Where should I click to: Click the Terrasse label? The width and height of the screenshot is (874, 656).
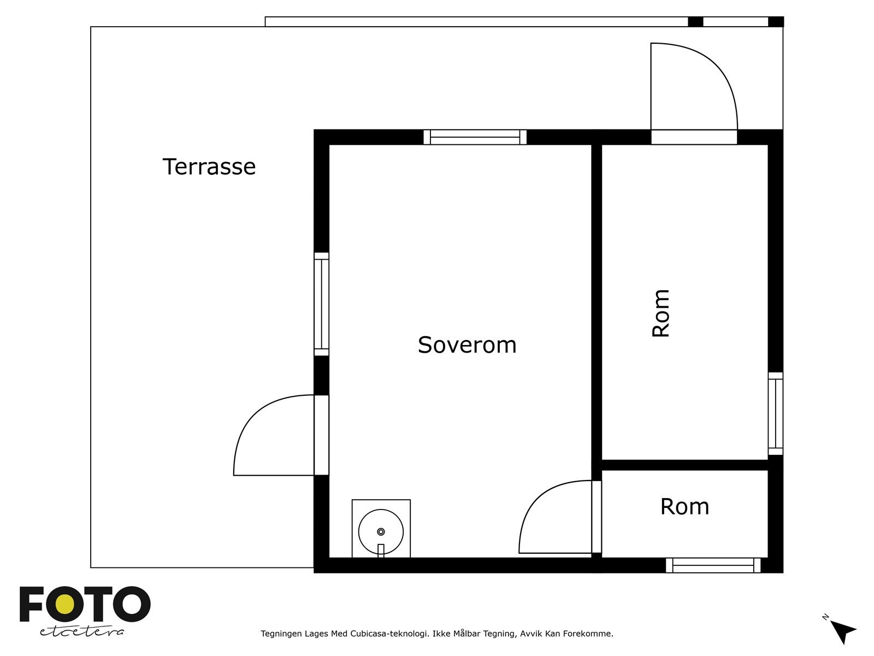click(x=209, y=167)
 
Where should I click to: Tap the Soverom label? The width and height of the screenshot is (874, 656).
click(x=467, y=345)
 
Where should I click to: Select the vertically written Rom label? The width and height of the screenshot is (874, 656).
click(x=660, y=313)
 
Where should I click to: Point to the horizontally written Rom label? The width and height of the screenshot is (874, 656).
click(x=685, y=507)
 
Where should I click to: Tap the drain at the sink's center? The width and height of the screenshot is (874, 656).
click(x=381, y=532)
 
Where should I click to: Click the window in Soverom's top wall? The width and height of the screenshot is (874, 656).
click(x=475, y=137)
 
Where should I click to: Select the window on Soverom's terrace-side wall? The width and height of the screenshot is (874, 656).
click(x=321, y=304)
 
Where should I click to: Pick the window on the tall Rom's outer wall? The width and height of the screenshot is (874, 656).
click(x=775, y=413)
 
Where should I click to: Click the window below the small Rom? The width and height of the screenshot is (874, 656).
click(x=713, y=565)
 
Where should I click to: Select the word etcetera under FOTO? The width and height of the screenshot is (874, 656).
click(x=82, y=632)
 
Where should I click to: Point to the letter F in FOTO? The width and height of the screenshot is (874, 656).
click(x=31, y=604)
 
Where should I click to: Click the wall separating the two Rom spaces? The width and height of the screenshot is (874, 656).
click(x=684, y=465)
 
